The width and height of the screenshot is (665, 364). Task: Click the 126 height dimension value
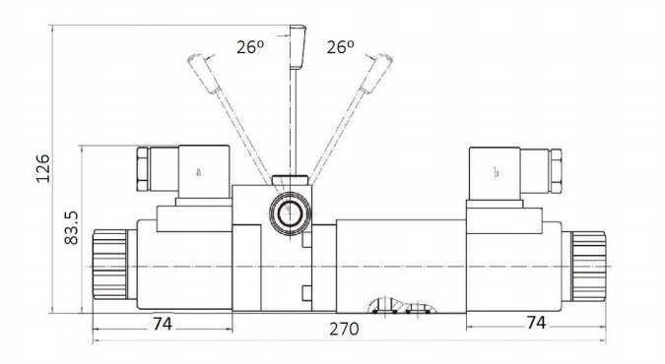tap(42, 168)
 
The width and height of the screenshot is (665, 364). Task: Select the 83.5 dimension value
tap(71, 227)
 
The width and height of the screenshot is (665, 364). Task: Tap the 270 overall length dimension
tap(344, 329)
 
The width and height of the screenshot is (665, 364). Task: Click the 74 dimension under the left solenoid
tap(163, 325)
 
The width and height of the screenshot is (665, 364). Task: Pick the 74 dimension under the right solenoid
tap(536, 323)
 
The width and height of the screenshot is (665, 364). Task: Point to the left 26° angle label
tap(250, 47)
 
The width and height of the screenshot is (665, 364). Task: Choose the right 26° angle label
tap(340, 47)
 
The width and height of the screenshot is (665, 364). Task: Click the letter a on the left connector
tap(198, 172)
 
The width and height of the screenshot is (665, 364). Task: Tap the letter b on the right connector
tap(497, 172)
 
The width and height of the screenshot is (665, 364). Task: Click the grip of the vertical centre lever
tap(298, 46)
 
